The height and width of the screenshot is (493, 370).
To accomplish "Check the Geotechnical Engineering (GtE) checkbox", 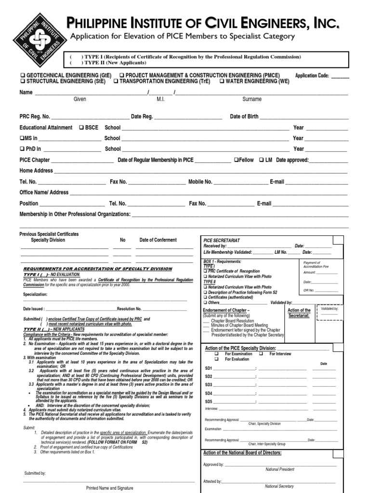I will pyautogui.click(x=22, y=76).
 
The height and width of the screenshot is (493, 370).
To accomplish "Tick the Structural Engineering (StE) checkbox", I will pyautogui.click(x=22, y=81).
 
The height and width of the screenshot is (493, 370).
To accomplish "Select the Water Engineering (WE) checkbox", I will pyautogui.click(x=222, y=81).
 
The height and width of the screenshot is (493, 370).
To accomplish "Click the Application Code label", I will pyautogui.click(x=312, y=76).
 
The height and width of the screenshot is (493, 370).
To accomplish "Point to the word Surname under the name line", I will pyautogui.click(x=252, y=99).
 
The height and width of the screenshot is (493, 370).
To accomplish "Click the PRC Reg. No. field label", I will pyautogui.click(x=35, y=117).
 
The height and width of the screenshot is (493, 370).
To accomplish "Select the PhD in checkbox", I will pyautogui.click(x=22, y=149).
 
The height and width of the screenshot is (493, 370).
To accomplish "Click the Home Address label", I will pyautogui.click(x=36, y=170).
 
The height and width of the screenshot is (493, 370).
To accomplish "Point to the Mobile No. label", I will pyautogui.click(x=200, y=182).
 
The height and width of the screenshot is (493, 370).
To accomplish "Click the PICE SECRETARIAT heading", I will pyautogui.click(x=222, y=240).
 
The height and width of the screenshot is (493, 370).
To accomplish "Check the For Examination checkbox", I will pyautogui.click(x=216, y=354).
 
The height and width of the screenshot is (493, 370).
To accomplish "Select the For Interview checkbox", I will pyautogui.click(x=261, y=354).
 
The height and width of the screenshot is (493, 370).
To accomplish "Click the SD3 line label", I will pyautogui.click(x=209, y=385).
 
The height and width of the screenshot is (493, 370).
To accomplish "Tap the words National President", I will pyautogui.click(x=279, y=469).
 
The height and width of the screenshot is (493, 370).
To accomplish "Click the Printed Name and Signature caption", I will pyautogui.click(x=109, y=488).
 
